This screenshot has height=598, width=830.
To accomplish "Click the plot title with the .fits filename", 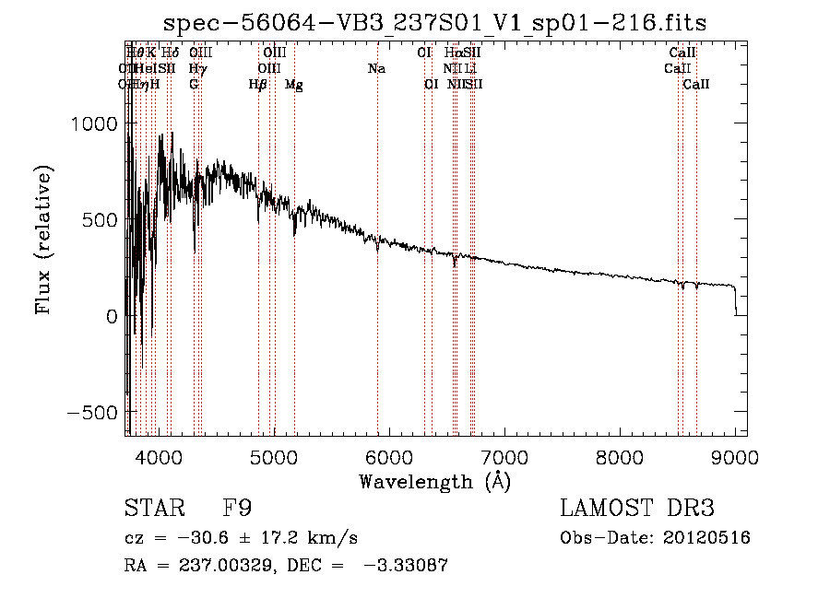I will [434, 23].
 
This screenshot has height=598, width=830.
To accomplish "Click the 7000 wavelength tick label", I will [504, 455].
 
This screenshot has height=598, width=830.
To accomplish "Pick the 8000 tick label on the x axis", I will [620, 455].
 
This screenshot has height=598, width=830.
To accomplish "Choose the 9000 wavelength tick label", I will [735, 455].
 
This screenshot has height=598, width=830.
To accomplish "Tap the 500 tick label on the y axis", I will [100, 220].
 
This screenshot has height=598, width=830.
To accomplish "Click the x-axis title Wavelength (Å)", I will [434, 481].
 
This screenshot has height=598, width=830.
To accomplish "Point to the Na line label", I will [376, 69].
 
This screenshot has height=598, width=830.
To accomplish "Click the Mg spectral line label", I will [293, 85].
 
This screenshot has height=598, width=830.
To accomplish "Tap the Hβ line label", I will [258, 85].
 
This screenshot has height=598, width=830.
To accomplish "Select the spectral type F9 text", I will [237, 509].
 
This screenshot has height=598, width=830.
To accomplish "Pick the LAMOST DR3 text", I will [636, 509].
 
